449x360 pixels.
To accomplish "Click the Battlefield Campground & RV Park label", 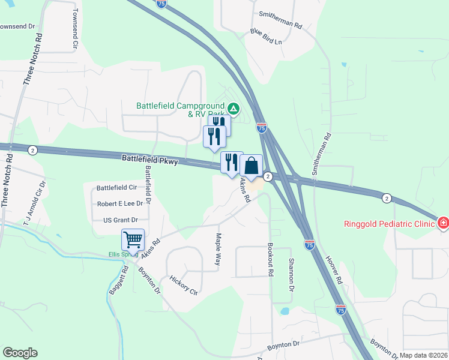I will tap(180, 109).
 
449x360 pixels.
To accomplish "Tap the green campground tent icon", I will tap(234, 109).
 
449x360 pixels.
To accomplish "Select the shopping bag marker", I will tap(251, 165).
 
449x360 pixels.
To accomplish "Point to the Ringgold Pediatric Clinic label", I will tap(388, 224).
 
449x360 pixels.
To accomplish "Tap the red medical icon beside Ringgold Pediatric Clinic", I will tap(443, 223).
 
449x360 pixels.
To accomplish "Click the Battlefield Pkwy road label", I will tap(149, 160).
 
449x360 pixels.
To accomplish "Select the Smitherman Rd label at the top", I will tap(278, 13).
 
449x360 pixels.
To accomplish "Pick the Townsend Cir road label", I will tap(75, 28).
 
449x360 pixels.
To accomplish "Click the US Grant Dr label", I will tap(121, 220).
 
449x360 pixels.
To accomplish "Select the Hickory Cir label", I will tap(184, 285).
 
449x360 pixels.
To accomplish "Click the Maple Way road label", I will tap(218, 252).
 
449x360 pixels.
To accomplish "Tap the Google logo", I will tap(20, 353).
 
